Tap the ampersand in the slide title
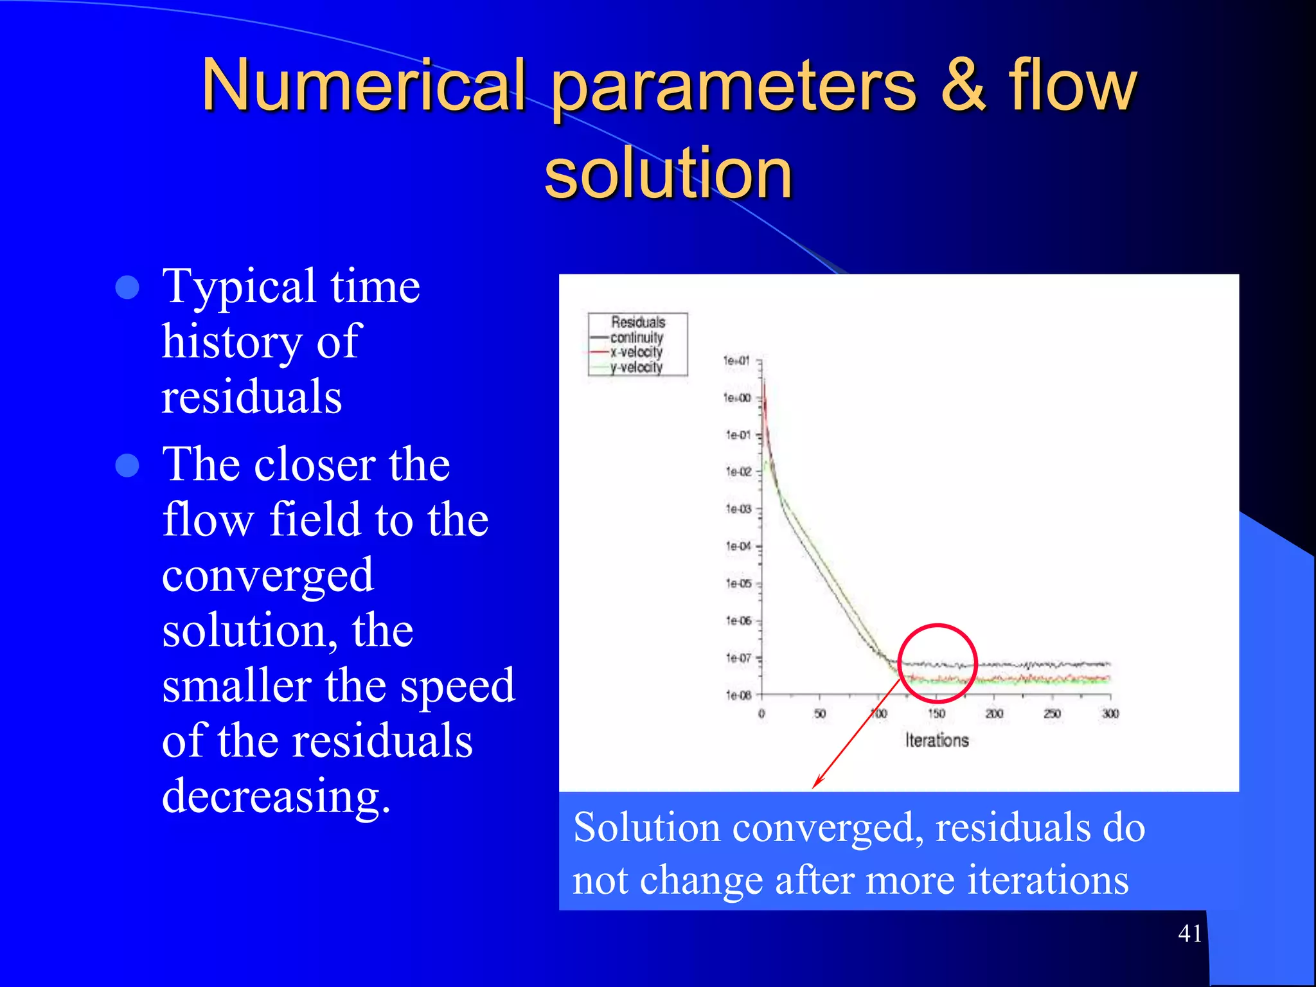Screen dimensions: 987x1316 pos(963,85)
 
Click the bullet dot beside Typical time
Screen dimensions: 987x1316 pos(127,288)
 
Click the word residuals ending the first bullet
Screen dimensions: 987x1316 pos(251,396)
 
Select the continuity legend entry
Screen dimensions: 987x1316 pos(636,337)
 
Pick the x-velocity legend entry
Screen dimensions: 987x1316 pos(636,352)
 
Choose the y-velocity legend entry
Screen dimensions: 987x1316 pos(636,367)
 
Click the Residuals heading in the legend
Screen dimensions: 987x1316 pos(638,322)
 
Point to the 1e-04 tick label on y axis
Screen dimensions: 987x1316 pos(738,546)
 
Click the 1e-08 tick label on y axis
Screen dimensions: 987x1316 pos(738,695)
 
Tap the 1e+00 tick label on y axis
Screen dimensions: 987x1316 pos(737,398)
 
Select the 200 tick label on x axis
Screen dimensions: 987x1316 pos(994,714)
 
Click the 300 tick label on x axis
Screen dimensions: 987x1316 pos(1110,714)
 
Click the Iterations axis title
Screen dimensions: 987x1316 pos(937,740)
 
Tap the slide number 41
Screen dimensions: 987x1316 pos(1190,933)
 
